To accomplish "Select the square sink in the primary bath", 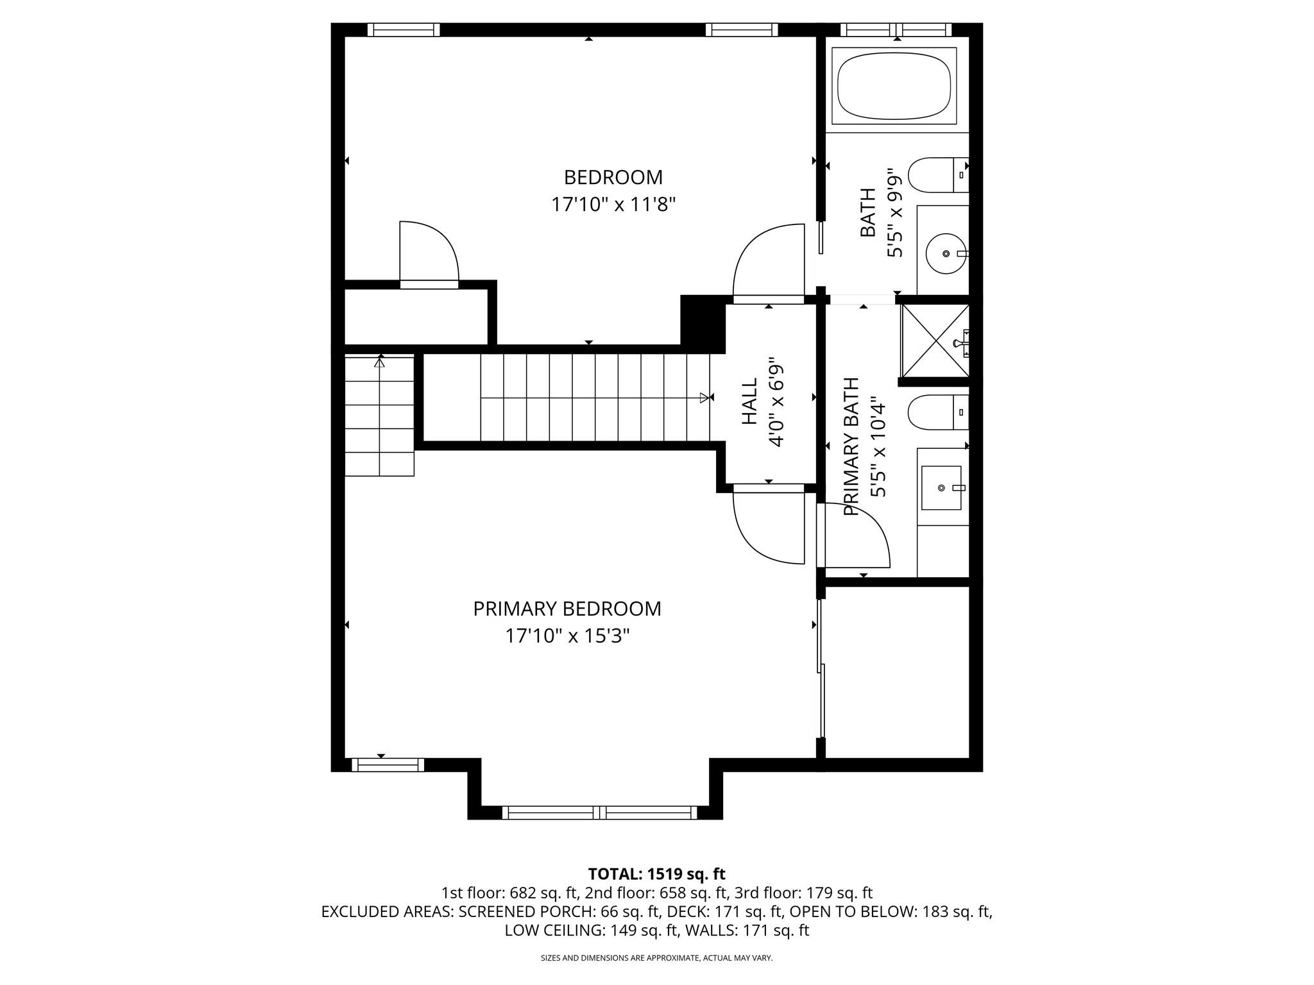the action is pyautogui.click(x=942, y=488).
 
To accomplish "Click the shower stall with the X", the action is pyautogui.click(x=935, y=340).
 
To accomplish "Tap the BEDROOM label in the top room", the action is pyautogui.click(x=613, y=177).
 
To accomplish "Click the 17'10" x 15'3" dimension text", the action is pyautogui.click(x=567, y=636).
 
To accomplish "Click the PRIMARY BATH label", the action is pyautogui.click(x=851, y=447).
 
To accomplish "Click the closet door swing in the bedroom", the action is pyautogui.click(x=429, y=251).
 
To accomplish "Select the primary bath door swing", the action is pyautogui.click(x=858, y=536).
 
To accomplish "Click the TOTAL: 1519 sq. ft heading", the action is pyautogui.click(x=656, y=873).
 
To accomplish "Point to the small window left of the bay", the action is pyautogui.click(x=388, y=764).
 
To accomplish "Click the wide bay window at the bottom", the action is pyautogui.click(x=600, y=812).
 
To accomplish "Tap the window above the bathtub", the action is pyautogui.click(x=897, y=29).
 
